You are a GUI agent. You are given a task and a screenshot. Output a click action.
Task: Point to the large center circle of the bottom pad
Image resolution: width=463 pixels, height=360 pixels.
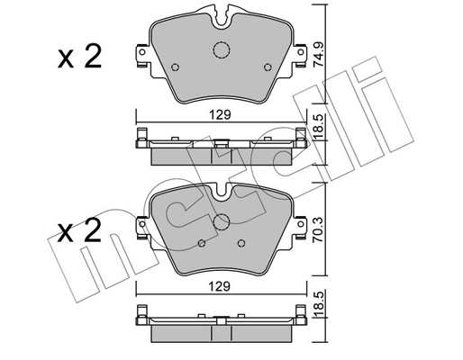(x=222, y=225)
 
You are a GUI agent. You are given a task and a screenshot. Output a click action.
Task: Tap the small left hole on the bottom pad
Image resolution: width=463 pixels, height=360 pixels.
(x=203, y=244)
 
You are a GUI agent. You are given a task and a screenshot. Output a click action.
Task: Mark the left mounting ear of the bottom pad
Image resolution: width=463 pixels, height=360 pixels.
(x=141, y=226)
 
